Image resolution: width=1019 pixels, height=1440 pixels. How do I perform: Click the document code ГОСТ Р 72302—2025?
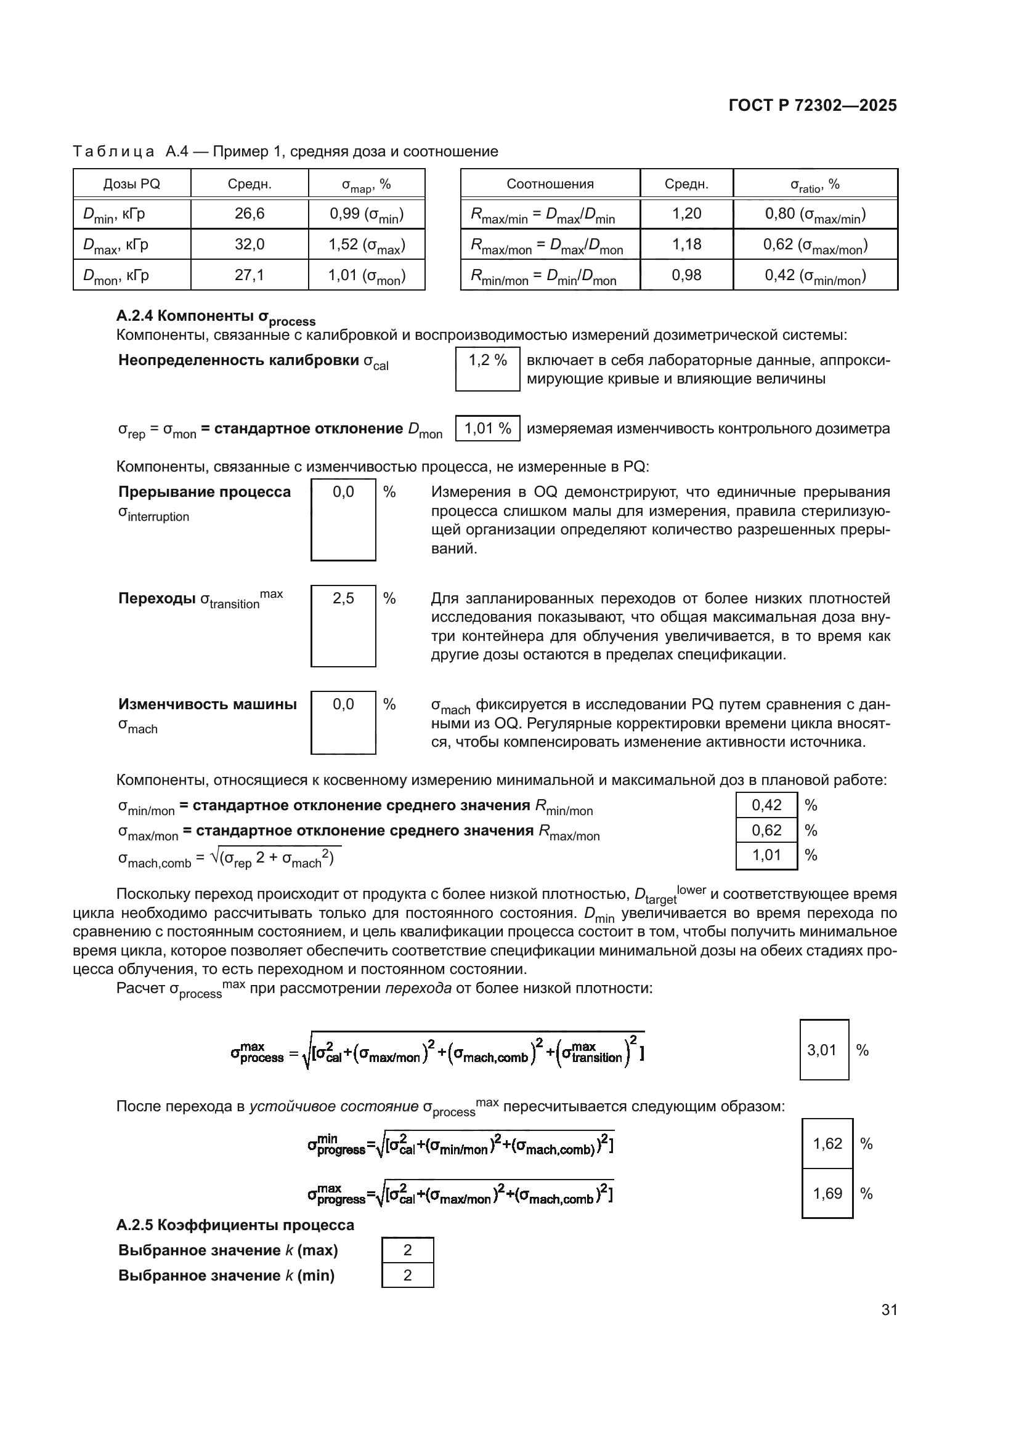813,105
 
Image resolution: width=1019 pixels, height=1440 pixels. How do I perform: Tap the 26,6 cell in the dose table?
249,214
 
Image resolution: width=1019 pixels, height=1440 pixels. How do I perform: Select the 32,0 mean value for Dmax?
249,244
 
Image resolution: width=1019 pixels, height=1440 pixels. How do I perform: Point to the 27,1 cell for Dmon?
249,275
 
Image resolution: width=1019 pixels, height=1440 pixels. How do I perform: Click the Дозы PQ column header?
132,183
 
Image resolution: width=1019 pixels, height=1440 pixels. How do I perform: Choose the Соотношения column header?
550,183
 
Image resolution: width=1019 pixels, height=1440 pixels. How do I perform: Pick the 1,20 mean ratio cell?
686,214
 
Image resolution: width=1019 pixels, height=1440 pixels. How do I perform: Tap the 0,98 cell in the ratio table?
686,275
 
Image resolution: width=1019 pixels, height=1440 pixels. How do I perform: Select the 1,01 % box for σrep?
487,429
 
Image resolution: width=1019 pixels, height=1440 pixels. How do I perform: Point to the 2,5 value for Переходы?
343,598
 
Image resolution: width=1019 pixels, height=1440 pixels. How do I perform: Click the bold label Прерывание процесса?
205,492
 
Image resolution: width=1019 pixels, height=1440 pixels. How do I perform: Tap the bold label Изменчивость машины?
207,704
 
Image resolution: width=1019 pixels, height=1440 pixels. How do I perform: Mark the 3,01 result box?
823,1050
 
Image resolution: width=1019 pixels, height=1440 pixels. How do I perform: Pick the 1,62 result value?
827,1143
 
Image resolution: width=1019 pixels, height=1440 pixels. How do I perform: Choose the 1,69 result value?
827,1193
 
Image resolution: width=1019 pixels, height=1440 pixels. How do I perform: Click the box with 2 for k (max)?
407,1250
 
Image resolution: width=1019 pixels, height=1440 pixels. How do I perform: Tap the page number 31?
889,1309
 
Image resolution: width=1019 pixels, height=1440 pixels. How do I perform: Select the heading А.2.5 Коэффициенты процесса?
235,1225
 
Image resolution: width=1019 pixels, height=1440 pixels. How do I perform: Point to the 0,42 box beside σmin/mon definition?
766,805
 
